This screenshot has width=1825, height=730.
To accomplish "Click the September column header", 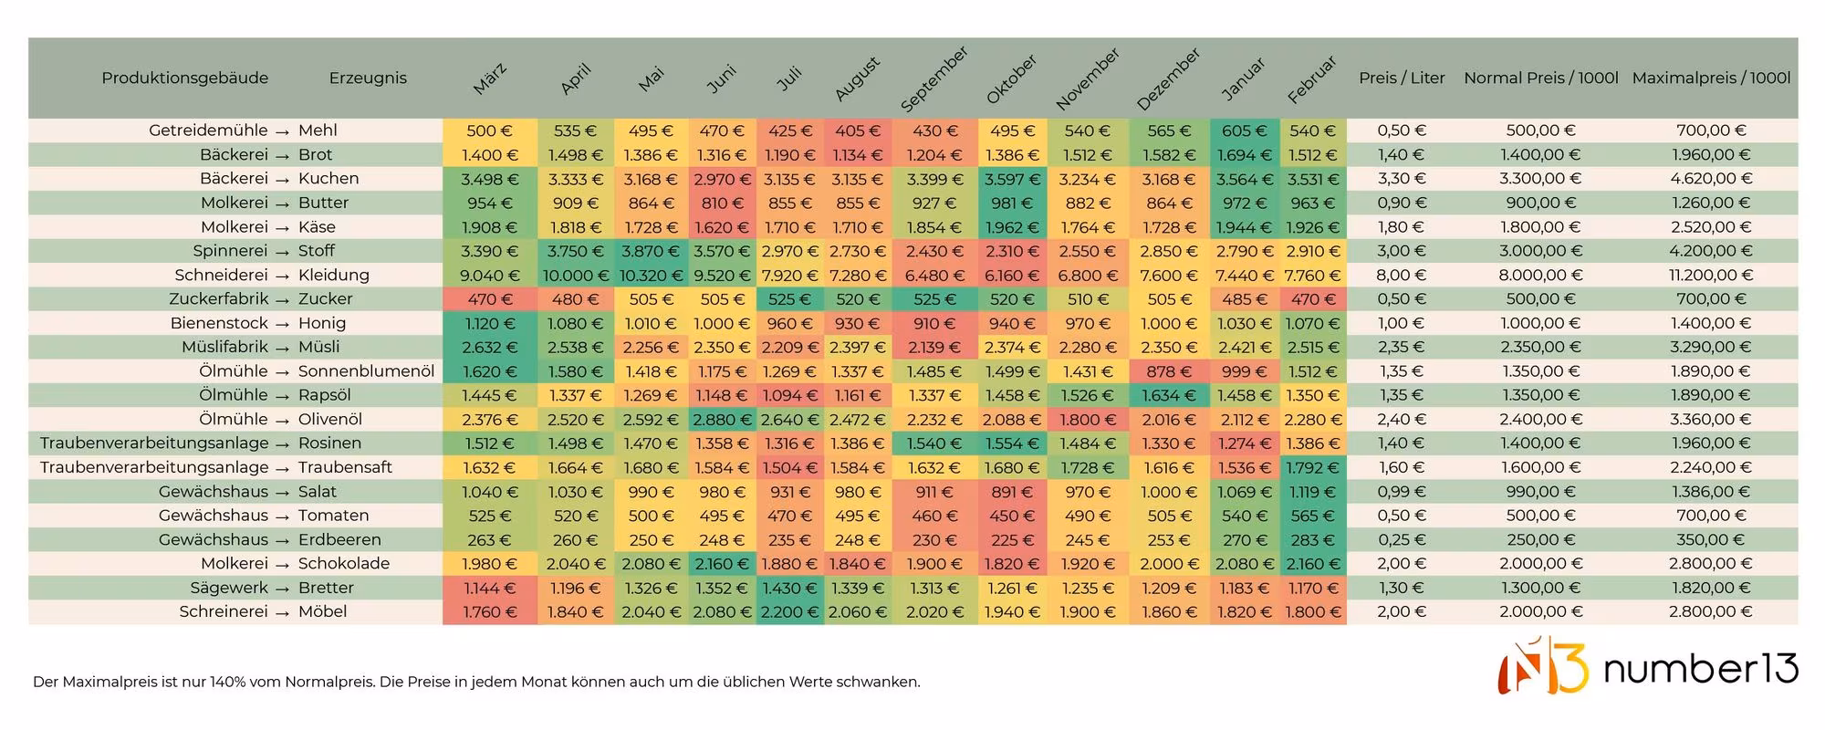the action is pos(934,79).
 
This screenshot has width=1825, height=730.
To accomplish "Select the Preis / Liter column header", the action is pos(1402,78).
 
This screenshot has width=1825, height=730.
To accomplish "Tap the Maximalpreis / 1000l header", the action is pos(1711,78).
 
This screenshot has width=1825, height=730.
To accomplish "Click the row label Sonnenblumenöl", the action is pos(366,371).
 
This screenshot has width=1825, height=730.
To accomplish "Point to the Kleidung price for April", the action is pos(576,276).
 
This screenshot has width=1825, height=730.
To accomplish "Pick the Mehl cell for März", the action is pos(490,130).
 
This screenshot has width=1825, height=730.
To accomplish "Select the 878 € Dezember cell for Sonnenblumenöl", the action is pos(1169,371).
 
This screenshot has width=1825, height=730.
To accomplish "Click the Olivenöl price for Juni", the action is pos(722,420).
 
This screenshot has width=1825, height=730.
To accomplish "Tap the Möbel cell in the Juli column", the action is pos(791,612).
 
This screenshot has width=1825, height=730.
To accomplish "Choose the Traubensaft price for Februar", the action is pos(1313,468).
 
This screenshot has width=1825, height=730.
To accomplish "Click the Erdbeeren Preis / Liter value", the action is pos(1401,540).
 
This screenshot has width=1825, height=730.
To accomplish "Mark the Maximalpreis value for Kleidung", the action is pos(1711,276).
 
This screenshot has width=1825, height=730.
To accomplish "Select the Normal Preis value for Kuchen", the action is pos(1540,179).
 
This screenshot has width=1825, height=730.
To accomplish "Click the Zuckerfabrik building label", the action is pos(219,299).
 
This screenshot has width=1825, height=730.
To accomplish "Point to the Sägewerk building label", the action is pos(229,589).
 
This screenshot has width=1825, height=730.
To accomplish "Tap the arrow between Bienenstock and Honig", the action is pos(283,324).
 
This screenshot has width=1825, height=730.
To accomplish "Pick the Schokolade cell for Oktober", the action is pos(1013,564).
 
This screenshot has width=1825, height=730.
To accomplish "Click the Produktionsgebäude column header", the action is pos(185,78).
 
